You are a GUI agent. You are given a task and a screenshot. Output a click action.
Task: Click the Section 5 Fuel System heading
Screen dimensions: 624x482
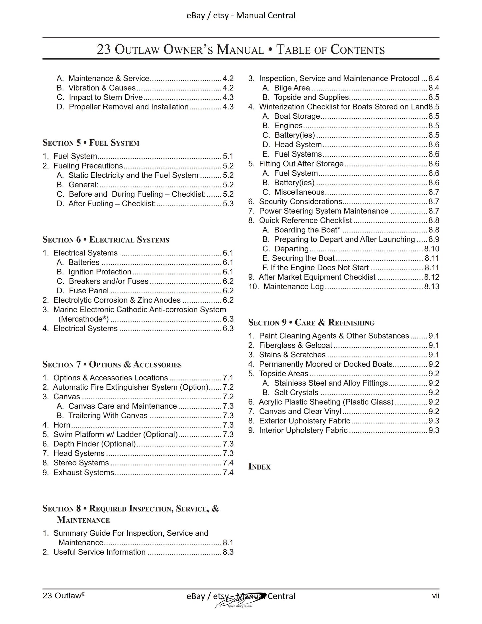point(91,143)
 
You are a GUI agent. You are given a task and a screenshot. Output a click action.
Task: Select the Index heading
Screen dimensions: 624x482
point(259,466)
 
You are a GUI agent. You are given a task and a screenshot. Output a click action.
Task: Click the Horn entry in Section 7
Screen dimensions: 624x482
point(62,425)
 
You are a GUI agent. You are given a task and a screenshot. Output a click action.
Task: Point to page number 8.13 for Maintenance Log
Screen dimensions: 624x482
point(432,287)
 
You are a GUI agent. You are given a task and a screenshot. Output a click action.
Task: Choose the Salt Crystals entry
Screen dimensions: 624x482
point(296,393)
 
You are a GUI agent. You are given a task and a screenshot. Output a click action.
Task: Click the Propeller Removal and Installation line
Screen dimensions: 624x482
point(129,107)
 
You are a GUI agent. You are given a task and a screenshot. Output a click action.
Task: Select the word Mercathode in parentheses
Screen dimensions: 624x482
point(83,319)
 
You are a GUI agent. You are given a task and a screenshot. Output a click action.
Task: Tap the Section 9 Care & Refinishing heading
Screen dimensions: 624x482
point(311,323)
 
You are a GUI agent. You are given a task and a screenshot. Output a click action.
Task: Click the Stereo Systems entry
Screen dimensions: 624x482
point(81,463)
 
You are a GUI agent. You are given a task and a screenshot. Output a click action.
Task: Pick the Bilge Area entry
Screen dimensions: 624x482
point(292,88)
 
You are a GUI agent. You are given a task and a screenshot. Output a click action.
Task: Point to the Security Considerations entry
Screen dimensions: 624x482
point(300,202)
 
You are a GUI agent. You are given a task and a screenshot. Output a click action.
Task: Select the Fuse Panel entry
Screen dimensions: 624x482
point(88,291)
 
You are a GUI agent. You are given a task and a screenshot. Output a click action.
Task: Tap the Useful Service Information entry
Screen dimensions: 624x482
point(99,552)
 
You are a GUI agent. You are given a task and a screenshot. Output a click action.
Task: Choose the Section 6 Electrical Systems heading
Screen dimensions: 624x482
point(106,240)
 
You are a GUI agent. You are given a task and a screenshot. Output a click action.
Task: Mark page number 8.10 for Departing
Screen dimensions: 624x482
point(432,249)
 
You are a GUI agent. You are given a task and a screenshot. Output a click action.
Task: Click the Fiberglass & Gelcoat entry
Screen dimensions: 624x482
point(295,345)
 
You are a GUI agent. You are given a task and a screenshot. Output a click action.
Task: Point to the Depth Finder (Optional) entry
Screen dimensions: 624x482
point(94,444)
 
